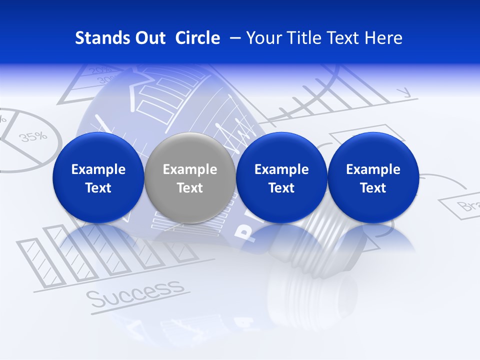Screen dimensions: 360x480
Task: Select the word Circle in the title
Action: pos(197,38)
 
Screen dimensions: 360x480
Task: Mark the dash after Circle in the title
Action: pos(233,38)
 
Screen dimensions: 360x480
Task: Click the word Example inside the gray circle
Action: pos(190,169)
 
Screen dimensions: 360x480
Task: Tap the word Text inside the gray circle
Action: pos(190,188)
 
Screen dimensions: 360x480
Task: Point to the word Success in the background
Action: pos(134,294)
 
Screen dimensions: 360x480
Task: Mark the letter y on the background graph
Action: pos(404,91)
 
